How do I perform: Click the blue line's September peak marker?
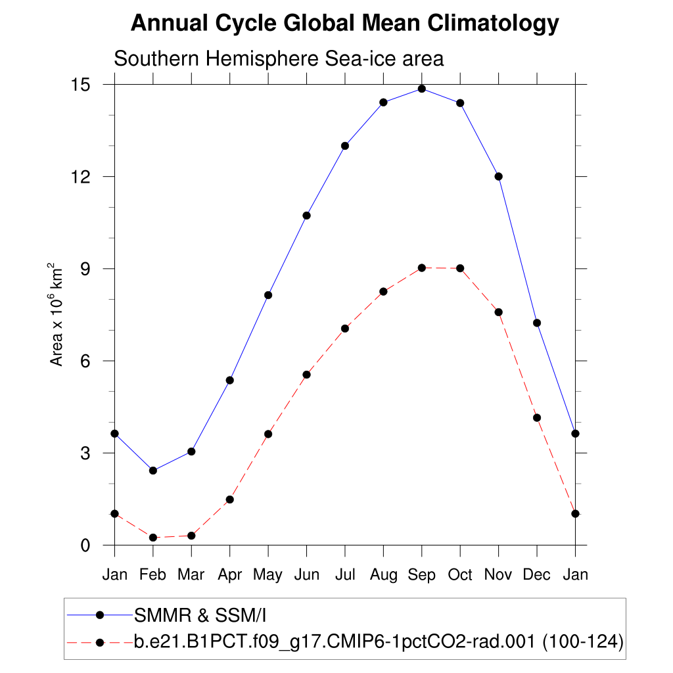tap(422, 89)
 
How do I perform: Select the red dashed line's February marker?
tap(153, 538)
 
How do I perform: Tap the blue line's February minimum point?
tap(153, 471)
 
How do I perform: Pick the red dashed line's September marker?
tap(422, 267)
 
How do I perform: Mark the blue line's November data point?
tap(499, 176)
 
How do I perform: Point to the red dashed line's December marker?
tap(537, 417)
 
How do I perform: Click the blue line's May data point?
tap(268, 295)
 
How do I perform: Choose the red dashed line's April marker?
tap(230, 499)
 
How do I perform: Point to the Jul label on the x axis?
tap(345, 575)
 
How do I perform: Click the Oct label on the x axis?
tap(460, 575)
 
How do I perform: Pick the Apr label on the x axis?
tap(230, 576)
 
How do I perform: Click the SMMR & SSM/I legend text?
tap(200, 616)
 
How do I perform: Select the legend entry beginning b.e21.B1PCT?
tap(378, 641)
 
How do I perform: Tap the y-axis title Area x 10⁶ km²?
tap(57, 315)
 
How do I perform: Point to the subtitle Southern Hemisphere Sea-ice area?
tap(279, 58)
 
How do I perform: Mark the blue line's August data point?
tap(384, 102)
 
